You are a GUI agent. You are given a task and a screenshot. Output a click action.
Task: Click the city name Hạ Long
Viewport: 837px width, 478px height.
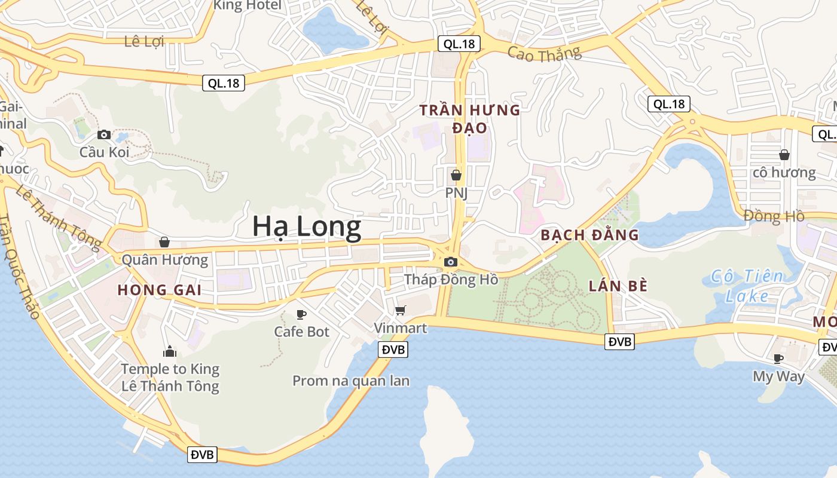point(307,227)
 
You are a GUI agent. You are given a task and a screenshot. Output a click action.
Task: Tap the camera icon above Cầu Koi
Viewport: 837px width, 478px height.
point(104,134)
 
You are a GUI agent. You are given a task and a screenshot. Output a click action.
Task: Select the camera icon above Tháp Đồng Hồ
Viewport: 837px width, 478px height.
point(451,262)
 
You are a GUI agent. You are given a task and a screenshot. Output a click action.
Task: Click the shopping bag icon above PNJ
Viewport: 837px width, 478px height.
point(456,175)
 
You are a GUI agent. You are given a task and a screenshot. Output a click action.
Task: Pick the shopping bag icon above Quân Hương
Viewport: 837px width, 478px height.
point(164,242)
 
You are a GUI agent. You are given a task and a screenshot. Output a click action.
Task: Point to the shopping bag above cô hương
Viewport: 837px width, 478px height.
point(784,155)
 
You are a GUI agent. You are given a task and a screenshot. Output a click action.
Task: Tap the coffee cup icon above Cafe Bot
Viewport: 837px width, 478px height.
point(301,314)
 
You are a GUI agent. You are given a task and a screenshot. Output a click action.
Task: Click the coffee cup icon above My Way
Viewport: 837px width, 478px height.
point(778,358)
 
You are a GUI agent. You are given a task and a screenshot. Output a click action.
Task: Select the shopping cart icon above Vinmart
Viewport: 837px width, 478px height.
point(400,310)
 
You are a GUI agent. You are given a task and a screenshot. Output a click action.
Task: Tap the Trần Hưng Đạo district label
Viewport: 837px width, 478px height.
point(470,119)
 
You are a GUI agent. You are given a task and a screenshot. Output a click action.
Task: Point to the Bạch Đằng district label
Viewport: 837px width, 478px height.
point(589,235)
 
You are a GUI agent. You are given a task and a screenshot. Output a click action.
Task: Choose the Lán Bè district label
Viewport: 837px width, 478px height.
point(618,286)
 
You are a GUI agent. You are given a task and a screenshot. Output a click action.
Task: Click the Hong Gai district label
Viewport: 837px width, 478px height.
point(159,290)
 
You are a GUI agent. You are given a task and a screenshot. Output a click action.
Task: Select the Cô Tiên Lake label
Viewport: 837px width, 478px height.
point(747,286)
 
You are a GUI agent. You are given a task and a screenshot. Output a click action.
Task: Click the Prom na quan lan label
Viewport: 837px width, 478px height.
point(351,381)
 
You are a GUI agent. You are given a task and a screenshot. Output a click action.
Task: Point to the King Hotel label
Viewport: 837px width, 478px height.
point(248,5)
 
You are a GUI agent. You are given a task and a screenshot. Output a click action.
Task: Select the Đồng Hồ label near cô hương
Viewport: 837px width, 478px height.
point(774,216)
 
